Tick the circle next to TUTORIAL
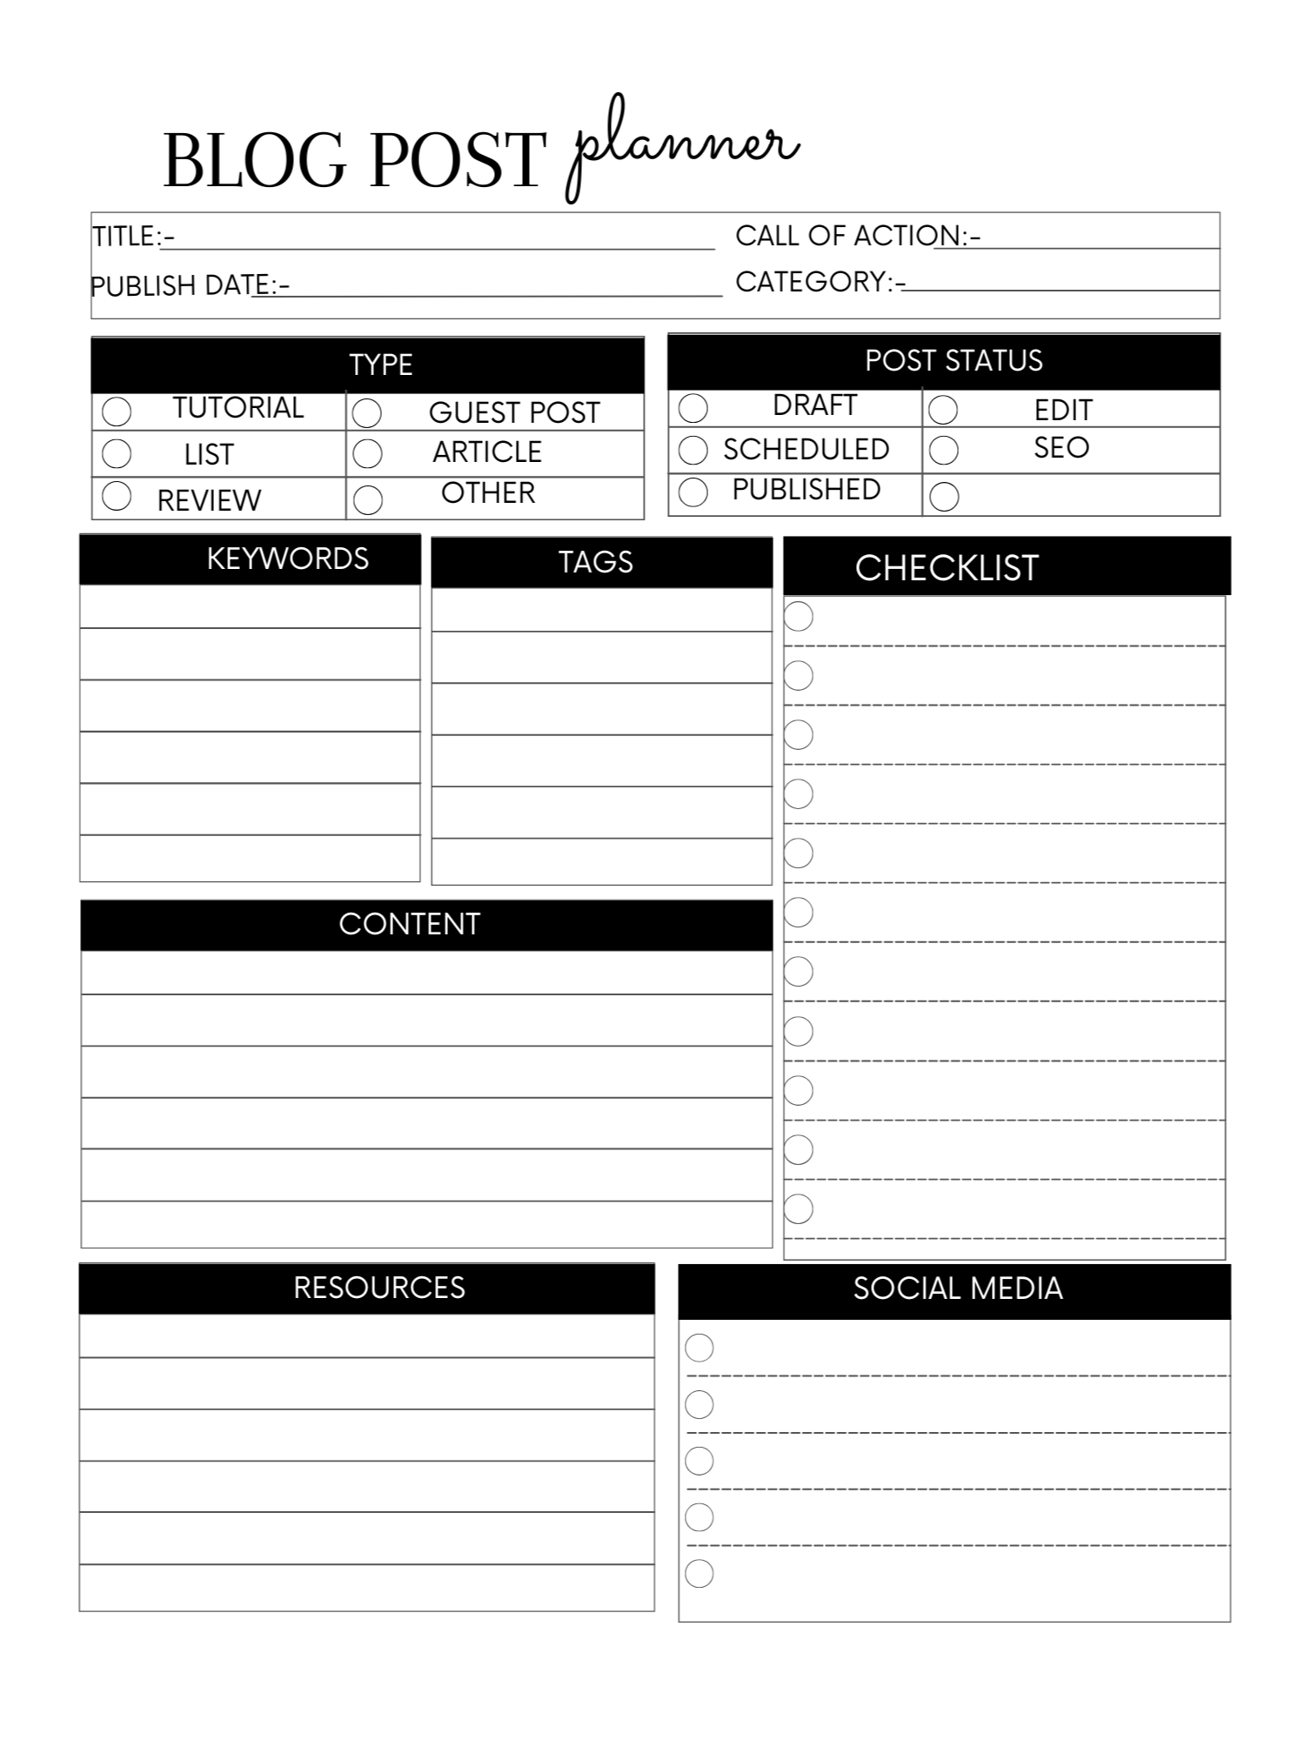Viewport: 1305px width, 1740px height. pos(117,411)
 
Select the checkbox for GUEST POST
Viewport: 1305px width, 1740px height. pos(367,413)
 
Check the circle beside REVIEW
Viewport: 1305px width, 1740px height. pos(117,496)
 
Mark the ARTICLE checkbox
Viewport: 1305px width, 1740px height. pos(367,453)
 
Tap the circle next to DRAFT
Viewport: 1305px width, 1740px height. pos(693,407)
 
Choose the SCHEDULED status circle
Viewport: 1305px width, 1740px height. pos(693,450)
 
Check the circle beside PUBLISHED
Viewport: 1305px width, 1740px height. pos(693,492)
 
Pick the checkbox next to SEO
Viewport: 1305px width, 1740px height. pos(944,450)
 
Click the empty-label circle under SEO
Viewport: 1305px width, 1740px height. pos(944,497)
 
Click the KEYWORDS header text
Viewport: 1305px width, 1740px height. pos(287,559)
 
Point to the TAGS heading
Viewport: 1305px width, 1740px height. pos(596,562)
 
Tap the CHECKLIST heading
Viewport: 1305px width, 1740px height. pos(947,568)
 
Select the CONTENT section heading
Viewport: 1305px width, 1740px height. pos(409,924)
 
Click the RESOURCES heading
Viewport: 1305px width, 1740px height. pos(379,1288)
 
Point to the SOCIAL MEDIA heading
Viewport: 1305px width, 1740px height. pos(958,1288)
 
